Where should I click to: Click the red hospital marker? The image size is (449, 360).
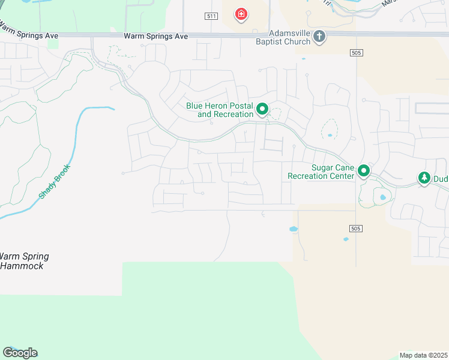(241, 14)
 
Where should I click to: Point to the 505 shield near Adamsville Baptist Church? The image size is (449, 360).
(356, 53)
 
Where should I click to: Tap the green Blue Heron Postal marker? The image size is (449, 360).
(262, 109)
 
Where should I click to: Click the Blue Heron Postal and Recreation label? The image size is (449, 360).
(220, 110)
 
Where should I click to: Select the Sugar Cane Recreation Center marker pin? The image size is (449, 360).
(363, 171)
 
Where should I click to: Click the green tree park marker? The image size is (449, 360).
(424, 178)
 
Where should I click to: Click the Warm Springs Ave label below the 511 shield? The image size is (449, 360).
(155, 37)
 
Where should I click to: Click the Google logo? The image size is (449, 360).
(20, 352)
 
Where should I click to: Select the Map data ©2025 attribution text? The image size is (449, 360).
(423, 355)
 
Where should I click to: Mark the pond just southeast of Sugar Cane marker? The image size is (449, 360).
(382, 197)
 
